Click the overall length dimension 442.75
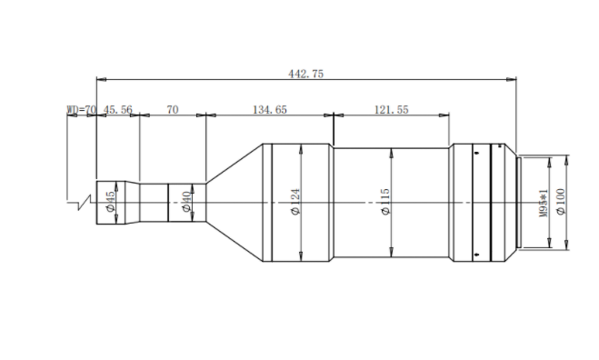tap(305, 74)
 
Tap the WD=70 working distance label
tap(82, 110)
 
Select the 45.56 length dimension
tap(117, 110)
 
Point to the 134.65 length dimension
tap(270, 110)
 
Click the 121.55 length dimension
tap(391, 110)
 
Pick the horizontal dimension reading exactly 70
tap(173, 110)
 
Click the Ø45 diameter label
tap(110, 202)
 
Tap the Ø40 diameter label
tap(186, 202)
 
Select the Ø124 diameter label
tap(295, 202)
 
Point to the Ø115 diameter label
tap(385, 202)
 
